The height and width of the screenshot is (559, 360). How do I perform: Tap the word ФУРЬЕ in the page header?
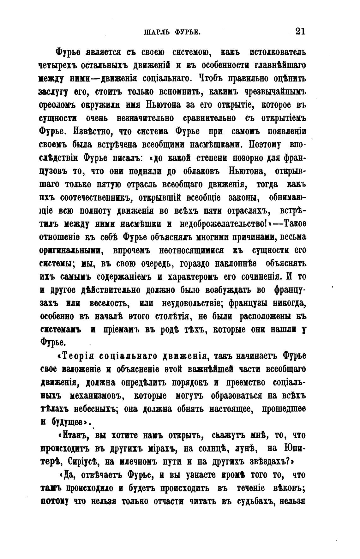tap(187, 32)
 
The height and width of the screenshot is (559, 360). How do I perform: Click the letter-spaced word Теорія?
tap(78, 356)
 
